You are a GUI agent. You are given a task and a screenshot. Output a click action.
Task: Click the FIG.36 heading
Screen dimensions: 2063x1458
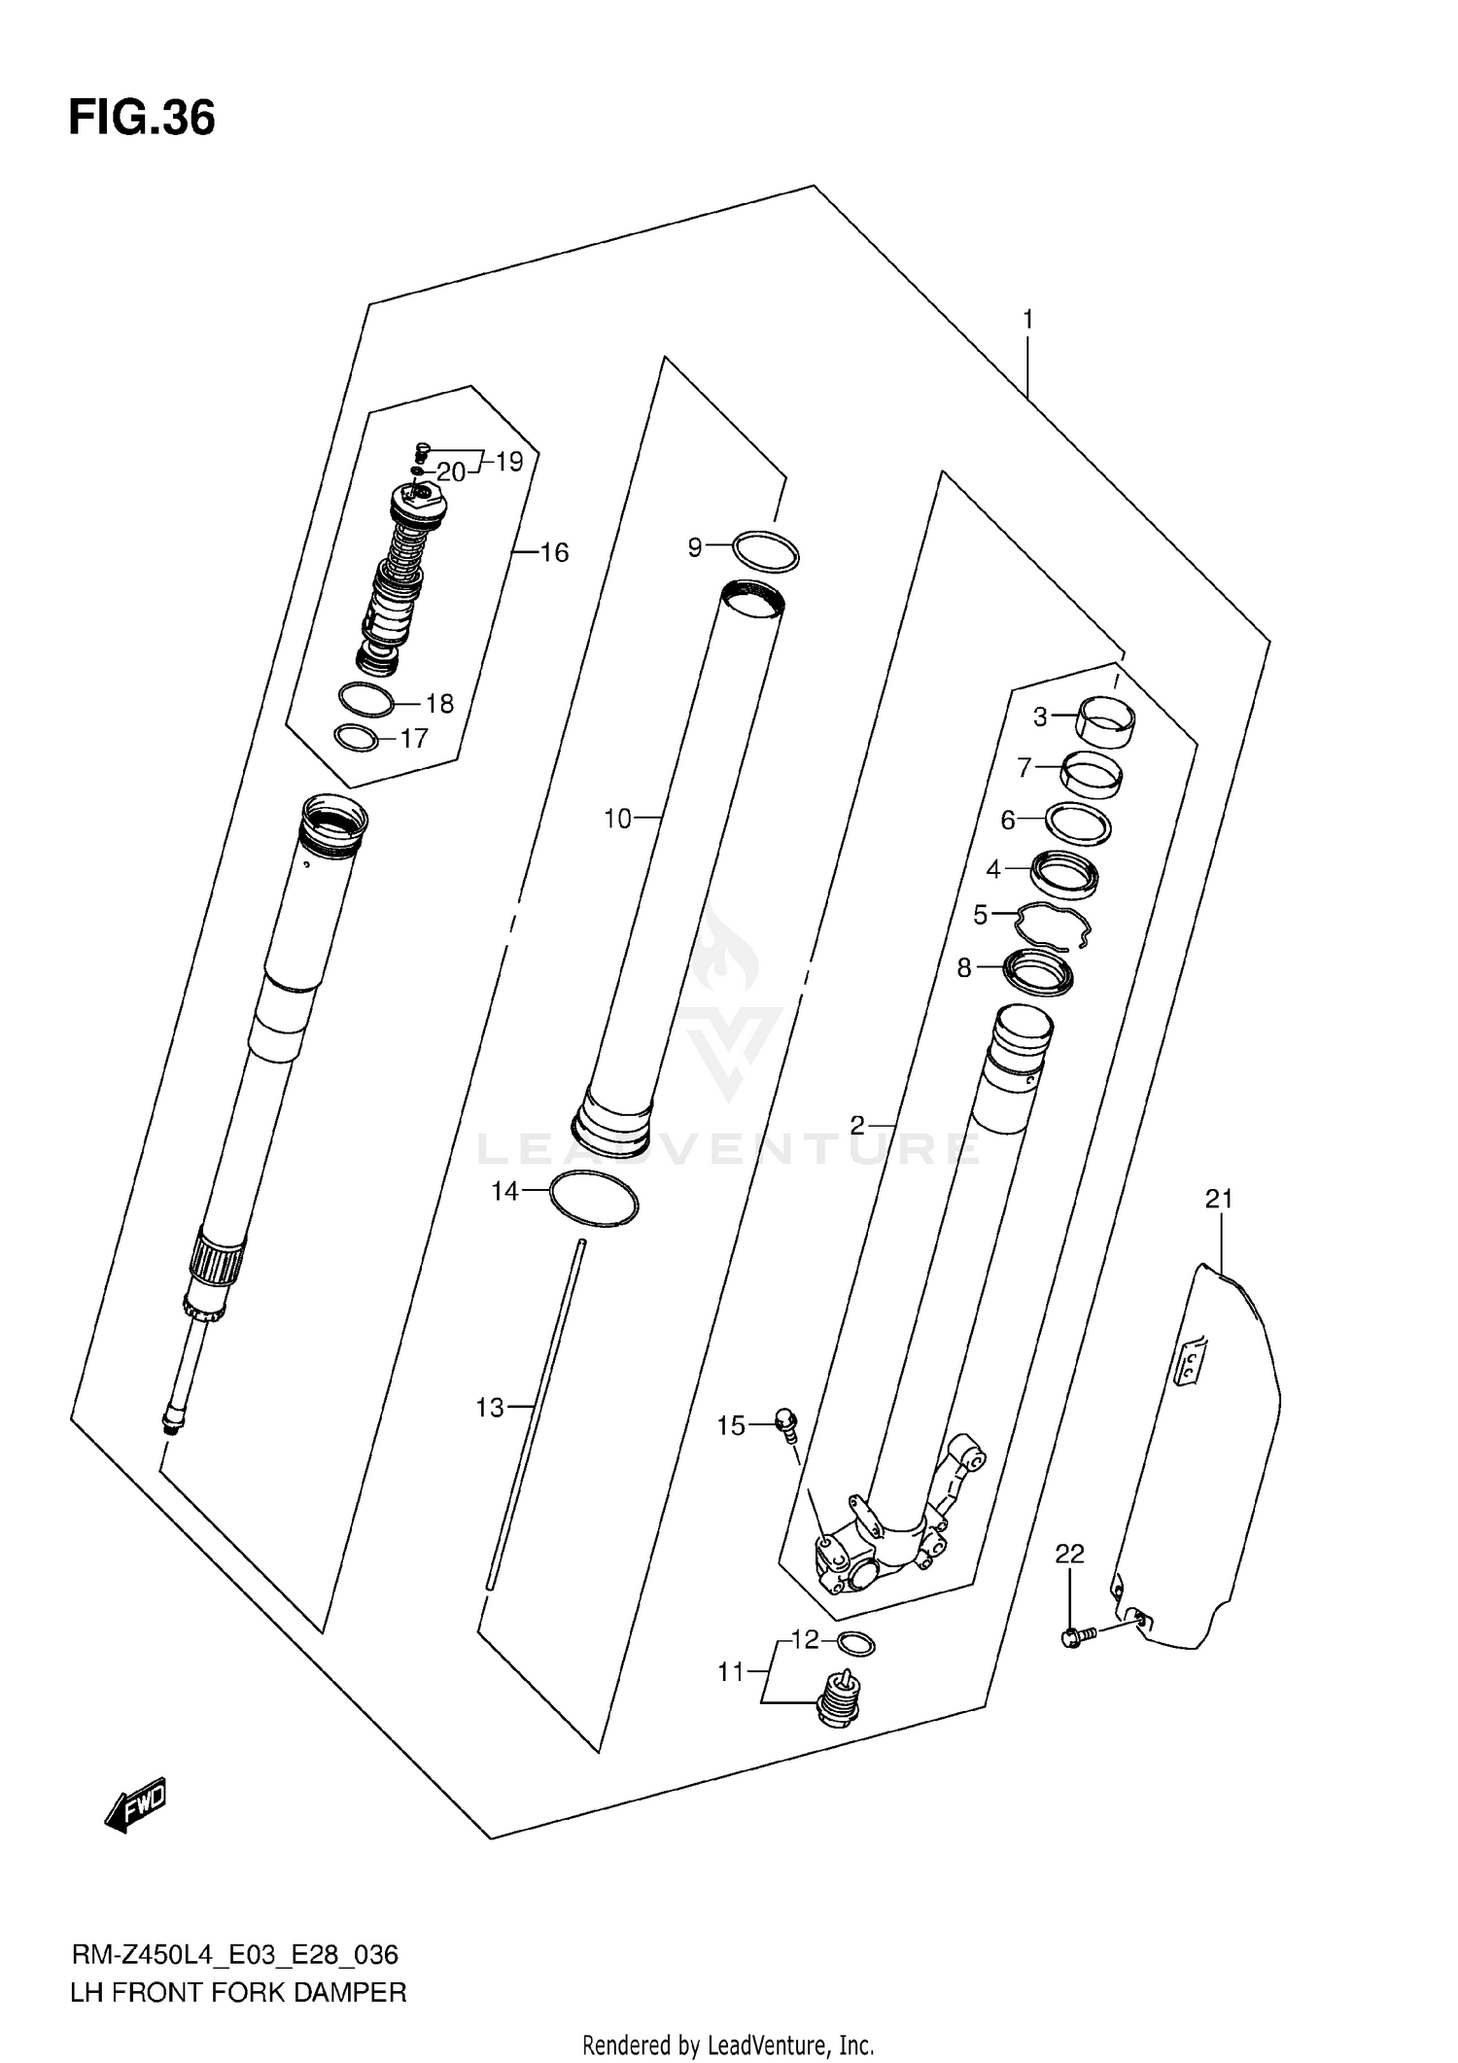click(x=142, y=119)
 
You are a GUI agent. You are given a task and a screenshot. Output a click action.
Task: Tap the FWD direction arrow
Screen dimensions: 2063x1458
click(x=136, y=1805)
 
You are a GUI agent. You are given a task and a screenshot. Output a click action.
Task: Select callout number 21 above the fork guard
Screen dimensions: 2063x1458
click(x=1219, y=1199)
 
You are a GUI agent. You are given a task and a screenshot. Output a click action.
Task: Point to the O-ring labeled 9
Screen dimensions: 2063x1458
click(x=766, y=552)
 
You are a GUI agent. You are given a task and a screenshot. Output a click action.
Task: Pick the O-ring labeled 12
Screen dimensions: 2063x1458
click(x=855, y=1644)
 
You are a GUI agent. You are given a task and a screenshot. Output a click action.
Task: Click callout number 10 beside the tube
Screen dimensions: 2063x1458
click(x=617, y=819)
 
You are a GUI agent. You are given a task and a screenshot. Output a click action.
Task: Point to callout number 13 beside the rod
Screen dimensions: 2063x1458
click(x=490, y=1407)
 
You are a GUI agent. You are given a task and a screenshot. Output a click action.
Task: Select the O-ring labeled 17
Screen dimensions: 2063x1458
click(x=356, y=738)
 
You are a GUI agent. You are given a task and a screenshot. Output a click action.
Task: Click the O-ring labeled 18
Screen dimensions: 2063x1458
click(x=366, y=698)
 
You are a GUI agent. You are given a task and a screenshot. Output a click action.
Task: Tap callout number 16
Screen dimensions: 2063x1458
click(x=554, y=552)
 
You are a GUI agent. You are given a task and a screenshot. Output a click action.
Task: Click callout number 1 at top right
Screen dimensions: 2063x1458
click(x=1027, y=319)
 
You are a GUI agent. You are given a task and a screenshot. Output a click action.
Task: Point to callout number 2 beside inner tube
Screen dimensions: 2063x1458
click(x=856, y=1125)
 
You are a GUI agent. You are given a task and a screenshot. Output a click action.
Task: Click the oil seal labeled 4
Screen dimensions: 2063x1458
click(x=1064, y=872)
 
